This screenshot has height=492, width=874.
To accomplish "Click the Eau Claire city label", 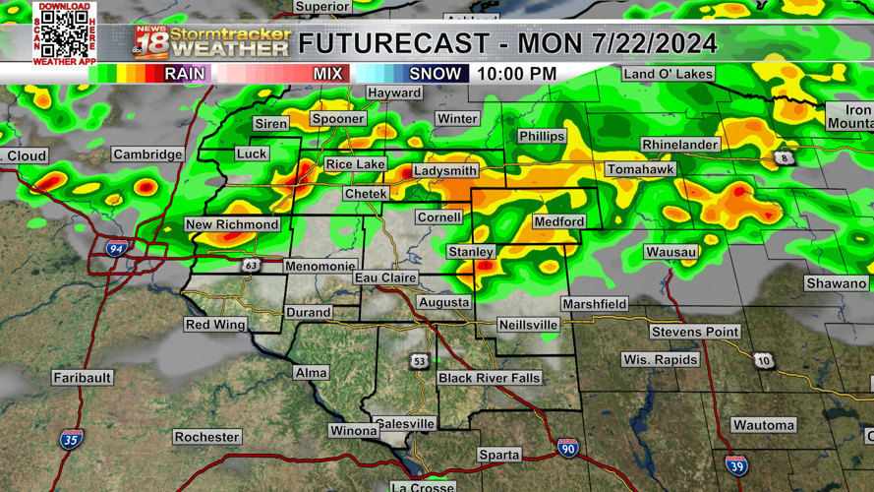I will pos(385,278).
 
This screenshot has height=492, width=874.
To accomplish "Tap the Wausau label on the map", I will pos(671,252).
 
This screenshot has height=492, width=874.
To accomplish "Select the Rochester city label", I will pos(206,437).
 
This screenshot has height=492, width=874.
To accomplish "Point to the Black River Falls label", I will pos(490,378).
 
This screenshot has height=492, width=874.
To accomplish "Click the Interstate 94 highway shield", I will pos(116,249).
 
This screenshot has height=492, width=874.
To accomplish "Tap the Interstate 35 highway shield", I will pos(70,440).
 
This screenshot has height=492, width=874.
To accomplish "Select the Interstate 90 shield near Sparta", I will pos(567,449).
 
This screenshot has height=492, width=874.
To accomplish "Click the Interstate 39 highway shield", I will pos(735,466).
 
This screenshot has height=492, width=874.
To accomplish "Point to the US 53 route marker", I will pos(420,362).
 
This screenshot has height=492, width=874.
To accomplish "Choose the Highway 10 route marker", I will pos(764,361).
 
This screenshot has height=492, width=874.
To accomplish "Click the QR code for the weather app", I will pos(65,34).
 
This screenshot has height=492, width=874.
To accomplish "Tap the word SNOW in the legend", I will pos(435,74).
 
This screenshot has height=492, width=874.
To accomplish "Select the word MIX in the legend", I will pos(327,74).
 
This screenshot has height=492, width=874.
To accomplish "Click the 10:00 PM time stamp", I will pos(516,74).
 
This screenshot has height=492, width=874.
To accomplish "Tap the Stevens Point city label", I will pos(694,332).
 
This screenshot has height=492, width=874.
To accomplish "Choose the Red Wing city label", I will pos(215,325).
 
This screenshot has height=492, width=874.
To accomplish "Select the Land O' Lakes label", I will pos(668,74).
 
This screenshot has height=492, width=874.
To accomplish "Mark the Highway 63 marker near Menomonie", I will pos(252,266).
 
